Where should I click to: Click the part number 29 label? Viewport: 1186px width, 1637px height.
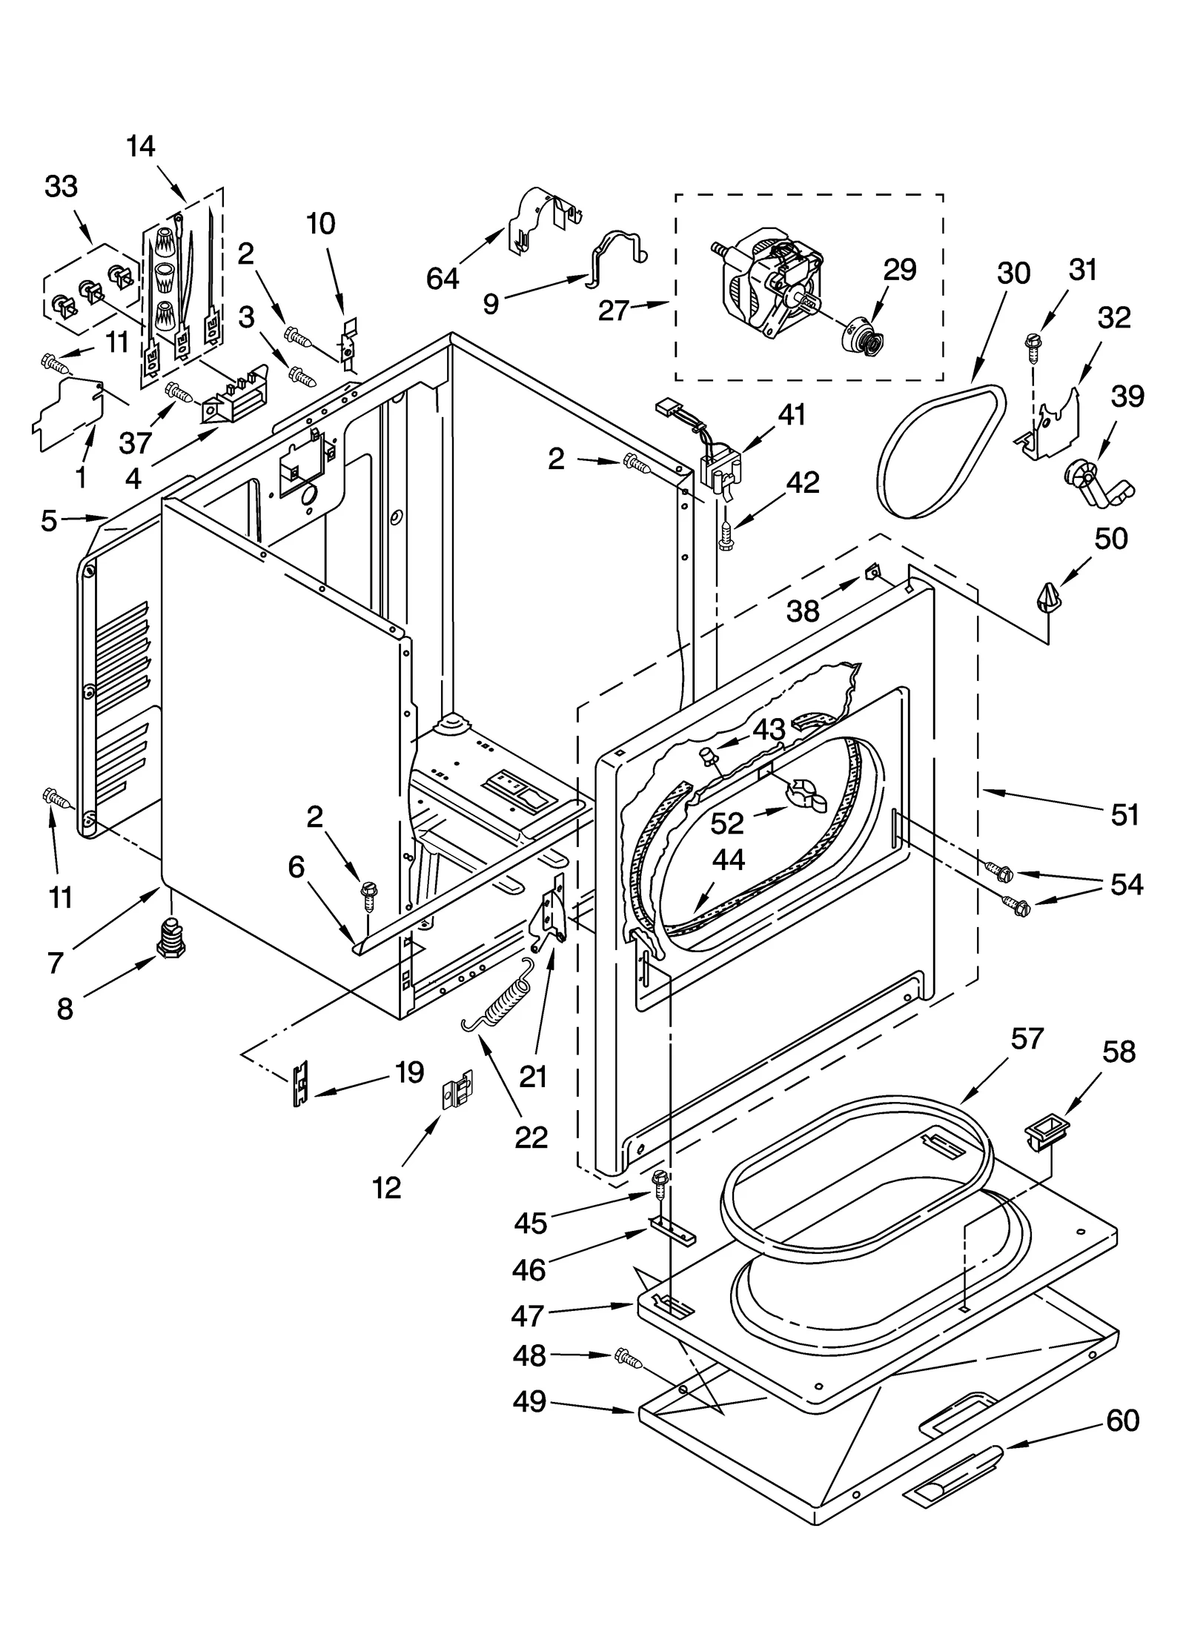coord(899,270)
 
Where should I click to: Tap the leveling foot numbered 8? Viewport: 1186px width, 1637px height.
coord(170,938)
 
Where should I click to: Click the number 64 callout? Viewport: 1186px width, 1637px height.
coord(443,279)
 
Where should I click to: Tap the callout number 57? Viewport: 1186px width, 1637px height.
coord(1027,1039)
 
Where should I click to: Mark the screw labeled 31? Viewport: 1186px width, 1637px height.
coord(1031,343)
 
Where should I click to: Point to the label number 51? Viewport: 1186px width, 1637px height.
coord(1124,815)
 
